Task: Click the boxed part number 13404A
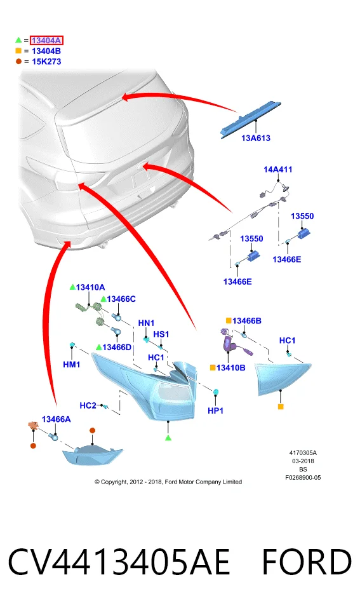(x=46, y=41)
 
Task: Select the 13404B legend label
(x=46, y=51)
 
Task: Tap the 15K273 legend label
(x=46, y=62)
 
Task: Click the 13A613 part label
(x=255, y=138)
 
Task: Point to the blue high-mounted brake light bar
(x=250, y=119)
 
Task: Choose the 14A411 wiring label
(x=277, y=169)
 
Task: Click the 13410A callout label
(x=90, y=287)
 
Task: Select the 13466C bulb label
(x=121, y=299)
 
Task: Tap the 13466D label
(x=117, y=347)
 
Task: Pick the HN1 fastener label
(x=146, y=323)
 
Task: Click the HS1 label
(x=161, y=334)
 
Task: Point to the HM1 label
(x=72, y=365)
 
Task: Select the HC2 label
(x=88, y=405)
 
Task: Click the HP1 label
(x=215, y=410)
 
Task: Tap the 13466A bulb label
(x=56, y=419)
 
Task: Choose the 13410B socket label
(x=230, y=368)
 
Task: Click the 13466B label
(x=246, y=320)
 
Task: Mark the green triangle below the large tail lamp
(x=168, y=438)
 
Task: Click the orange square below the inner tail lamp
(x=281, y=407)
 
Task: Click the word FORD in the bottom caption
(x=307, y=562)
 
